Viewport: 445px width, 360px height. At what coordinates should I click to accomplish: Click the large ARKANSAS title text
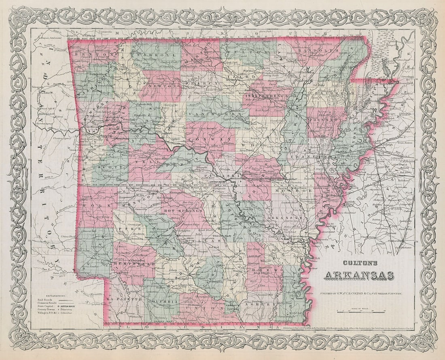coord(358,276)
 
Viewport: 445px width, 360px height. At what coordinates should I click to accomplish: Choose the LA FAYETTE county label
coord(121,298)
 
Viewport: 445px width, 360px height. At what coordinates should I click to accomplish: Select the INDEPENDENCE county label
coord(269,96)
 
